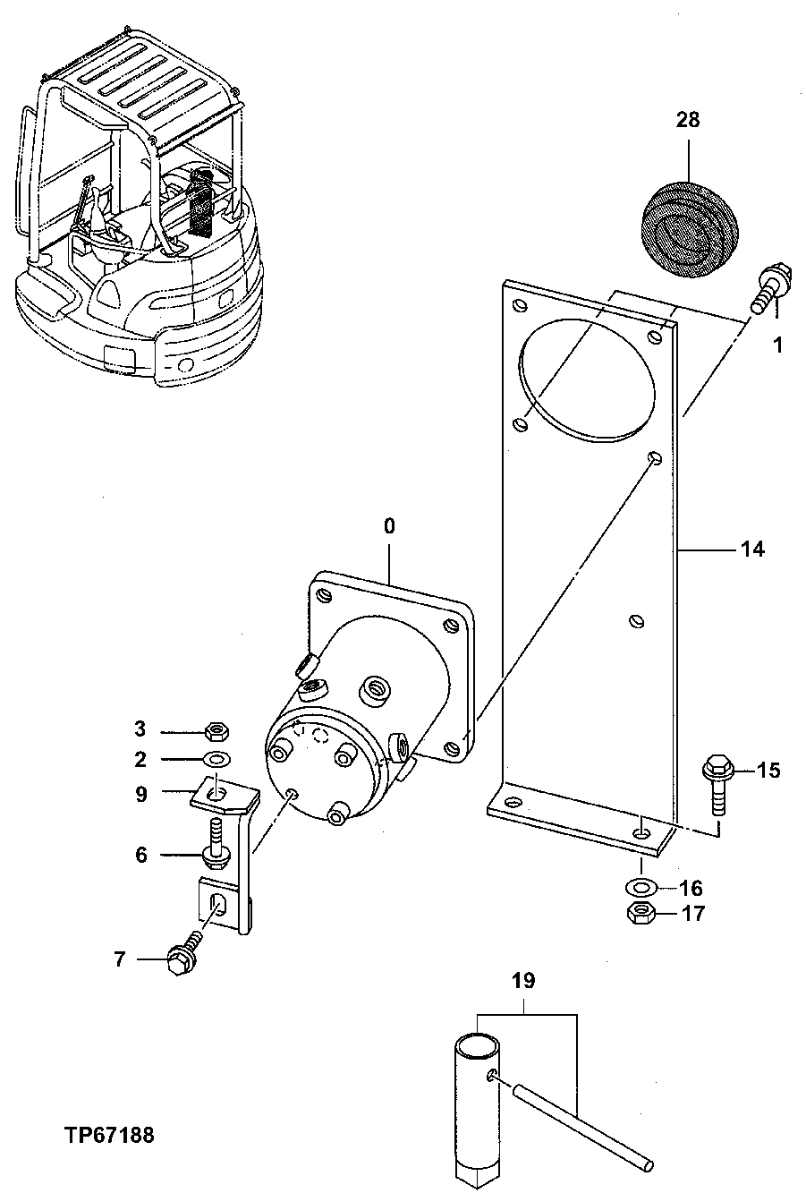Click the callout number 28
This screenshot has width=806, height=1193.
tap(689, 120)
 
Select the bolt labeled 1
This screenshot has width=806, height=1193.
tap(769, 287)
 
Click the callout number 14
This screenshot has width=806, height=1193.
tap(752, 549)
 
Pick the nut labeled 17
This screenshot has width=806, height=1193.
tap(641, 914)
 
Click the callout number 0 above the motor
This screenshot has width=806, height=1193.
tap(389, 526)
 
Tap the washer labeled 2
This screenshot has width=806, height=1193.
tap(216, 760)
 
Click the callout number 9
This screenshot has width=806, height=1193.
tap(141, 793)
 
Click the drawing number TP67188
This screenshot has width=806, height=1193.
tap(109, 1135)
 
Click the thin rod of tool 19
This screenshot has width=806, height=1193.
tap(581, 1123)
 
